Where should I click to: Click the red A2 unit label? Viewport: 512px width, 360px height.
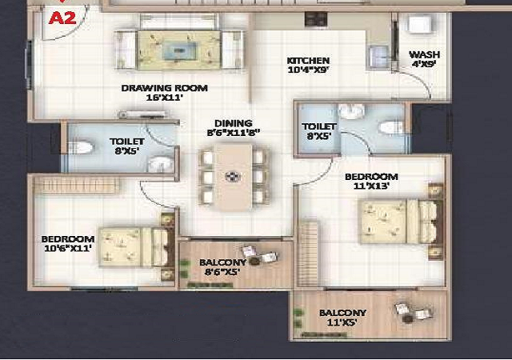(x=62, y=18)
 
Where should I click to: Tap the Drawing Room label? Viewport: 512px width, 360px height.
(x=164, y=88)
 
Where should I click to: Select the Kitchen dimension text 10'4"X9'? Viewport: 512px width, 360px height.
(x=308, y=70)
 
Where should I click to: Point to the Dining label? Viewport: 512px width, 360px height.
(x=233, y=123)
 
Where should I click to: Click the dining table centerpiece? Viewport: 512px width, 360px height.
(x=233, y=177)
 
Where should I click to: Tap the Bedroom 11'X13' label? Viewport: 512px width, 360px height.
(x=371, y=182)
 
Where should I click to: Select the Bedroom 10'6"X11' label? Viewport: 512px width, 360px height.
(x=68, y=243)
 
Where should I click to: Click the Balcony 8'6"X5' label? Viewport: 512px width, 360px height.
(x=222, y=267)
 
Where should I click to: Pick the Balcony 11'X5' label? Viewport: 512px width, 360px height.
(x=342, y=318)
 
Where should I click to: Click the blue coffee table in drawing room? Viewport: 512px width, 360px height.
(x=178, y=50)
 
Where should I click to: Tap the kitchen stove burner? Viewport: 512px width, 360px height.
(x=316, y=19)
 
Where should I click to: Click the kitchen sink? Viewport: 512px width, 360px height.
(x=378, y=55)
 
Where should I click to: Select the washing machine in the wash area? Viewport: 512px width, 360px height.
(x=419, y=25)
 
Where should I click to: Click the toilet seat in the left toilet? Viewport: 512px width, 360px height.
(x=81, y=147)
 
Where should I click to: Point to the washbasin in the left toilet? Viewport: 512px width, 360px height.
(x=161, y=164)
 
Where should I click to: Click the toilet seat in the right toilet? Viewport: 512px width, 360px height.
(x=391, y=128)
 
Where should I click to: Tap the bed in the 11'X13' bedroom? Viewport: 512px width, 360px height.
(x=400, y=222)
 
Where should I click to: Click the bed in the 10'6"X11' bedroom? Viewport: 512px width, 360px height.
(x=134, y=247)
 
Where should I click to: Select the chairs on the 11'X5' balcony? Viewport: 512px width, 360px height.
(x=414, y=312)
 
